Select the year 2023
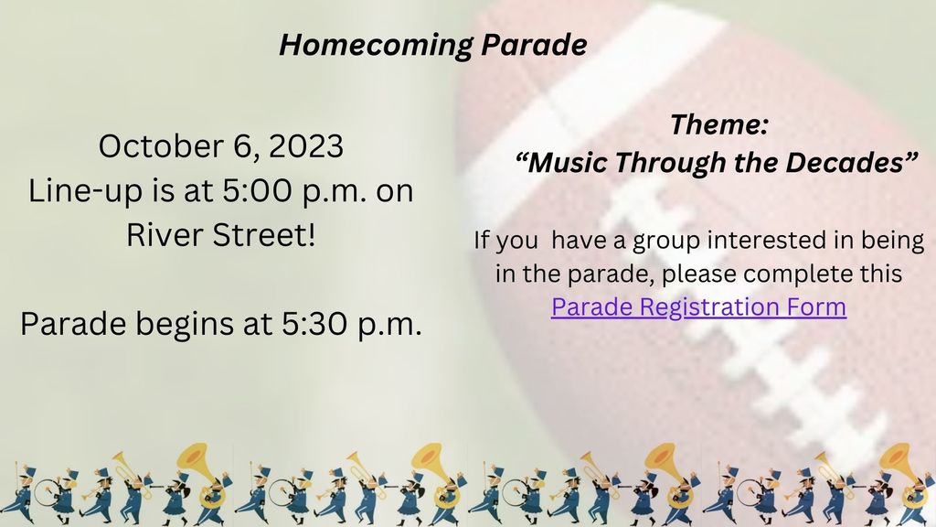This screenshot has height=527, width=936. (306, 146)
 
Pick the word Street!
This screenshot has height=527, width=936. (264, 235)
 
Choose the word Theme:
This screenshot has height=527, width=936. (718, 124)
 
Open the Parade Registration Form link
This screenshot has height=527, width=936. (698, 307)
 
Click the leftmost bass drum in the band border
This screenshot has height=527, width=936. (46, 492)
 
